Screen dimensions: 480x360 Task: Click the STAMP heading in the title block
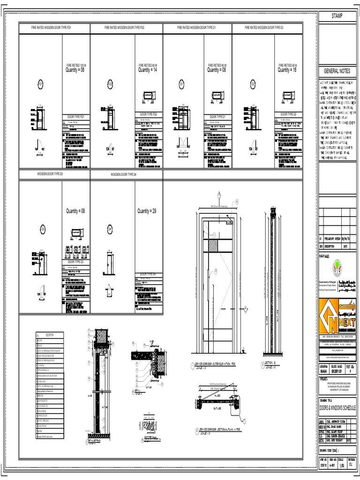point(337,16)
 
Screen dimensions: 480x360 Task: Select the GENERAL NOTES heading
point(337,71)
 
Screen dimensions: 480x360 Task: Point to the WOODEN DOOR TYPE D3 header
point(53,174)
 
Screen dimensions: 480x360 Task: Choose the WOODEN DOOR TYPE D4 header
point(123,174)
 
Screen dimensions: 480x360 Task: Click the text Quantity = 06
point(75,70)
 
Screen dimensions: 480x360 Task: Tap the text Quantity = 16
point(287,70)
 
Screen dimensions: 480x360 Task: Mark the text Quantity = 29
point(147,211)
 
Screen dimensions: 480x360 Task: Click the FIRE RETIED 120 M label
point(76,65)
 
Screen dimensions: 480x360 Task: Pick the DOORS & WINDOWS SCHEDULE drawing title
point(337,408)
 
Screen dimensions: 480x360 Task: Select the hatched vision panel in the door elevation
point(213,246)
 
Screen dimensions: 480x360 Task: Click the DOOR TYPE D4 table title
point(148,274)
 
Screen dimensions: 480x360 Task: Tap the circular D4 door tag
point(110,229)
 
